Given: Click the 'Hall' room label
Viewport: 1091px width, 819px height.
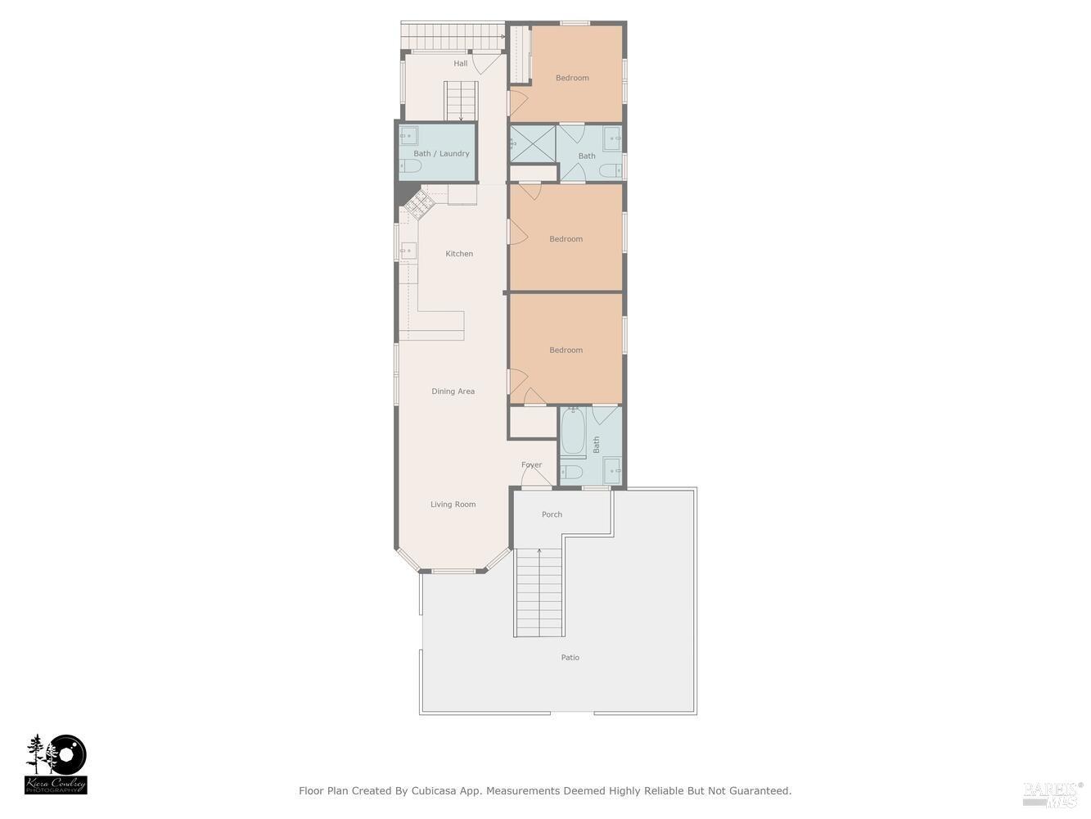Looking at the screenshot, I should pos(461,64).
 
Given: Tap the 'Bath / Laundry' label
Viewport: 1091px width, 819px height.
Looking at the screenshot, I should pos(441,154).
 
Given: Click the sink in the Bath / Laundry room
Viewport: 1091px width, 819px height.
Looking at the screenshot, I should pos(408,135).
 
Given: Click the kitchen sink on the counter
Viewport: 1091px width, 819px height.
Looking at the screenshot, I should pos(408,251).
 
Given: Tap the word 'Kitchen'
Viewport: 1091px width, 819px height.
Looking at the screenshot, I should pos(459,254).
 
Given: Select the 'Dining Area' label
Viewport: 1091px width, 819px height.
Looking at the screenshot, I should pos(453,391).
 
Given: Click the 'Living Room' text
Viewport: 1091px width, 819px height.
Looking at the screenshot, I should pos(453,505).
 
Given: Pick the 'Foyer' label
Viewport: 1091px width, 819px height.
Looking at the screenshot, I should pos(531,465).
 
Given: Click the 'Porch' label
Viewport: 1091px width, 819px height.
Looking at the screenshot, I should pos(552,514).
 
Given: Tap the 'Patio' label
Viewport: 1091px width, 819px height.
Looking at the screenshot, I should pos(570,658).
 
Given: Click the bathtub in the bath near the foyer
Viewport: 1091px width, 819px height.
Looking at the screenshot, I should pos(572,431).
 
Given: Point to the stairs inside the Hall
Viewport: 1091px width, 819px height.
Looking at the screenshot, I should pos(461,101).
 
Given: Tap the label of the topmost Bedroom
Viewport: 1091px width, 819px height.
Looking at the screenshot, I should pos(572,79).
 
